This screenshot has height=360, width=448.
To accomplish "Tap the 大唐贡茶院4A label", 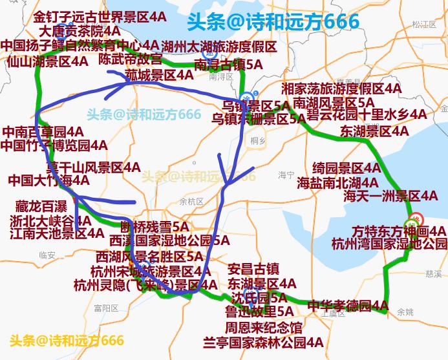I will [x=79, y=30].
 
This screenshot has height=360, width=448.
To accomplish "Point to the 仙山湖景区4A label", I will [x=47, y=61].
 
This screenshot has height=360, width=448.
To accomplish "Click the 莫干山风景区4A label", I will [x=92, y=167].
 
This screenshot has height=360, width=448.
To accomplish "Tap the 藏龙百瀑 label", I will [x=41, y=207].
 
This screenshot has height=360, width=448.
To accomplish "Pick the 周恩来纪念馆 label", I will [x=263, y=328].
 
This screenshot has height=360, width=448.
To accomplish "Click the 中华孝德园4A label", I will [x=347, y=305].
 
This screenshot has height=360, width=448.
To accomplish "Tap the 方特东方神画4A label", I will [x=398, y=231].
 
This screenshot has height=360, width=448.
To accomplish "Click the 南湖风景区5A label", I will [x=333, y=102].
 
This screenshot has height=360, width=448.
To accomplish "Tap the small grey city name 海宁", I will [x=286, y=175].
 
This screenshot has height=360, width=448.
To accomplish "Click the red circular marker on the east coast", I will [x=417, y=218].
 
